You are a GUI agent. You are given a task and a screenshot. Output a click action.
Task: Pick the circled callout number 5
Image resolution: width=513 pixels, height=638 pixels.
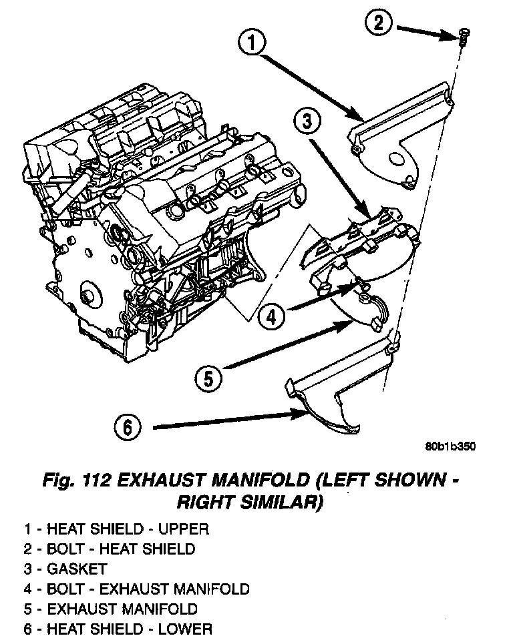coord(208,378)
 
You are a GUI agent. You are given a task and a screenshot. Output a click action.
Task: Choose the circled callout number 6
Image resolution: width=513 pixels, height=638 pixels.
coord(127,426)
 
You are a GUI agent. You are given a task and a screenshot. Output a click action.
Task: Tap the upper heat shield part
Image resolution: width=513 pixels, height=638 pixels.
coord(401,133)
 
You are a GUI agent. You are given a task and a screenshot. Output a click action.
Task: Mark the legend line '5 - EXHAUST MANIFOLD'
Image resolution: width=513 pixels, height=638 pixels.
coord(111,609)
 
